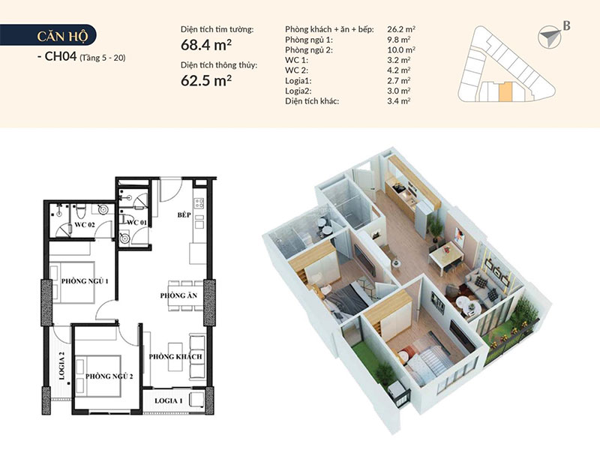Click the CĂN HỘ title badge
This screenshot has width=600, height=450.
pos(48,35)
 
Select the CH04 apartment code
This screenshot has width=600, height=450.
pos(61,56)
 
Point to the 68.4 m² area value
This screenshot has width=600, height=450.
pos(205,45)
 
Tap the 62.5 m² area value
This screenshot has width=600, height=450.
pos(205,80)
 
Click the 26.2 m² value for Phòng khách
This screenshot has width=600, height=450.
pos(401,29)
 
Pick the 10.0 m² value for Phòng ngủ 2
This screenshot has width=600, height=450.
pos(401,49)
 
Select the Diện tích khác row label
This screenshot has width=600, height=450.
pos(312,101)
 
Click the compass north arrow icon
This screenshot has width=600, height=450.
pos(550,37)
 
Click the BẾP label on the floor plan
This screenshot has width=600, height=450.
pos(184,214)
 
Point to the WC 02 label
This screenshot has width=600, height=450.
pos(85,224)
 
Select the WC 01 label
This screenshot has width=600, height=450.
pos(136,222)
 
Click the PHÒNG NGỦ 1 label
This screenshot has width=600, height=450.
pos(85,281)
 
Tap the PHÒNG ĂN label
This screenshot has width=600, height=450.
pos(178,295)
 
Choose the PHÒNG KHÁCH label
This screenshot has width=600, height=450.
pos(175,357)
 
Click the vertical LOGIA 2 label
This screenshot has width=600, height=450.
pos(62,366)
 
